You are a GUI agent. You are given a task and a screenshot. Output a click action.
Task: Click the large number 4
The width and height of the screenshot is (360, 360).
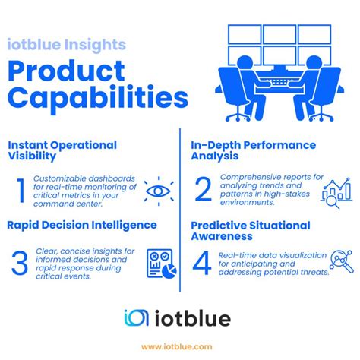pyautogui.click(x=203, y=262)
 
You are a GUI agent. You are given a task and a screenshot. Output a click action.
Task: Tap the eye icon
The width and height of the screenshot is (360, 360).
pyautogui.click(x=159, y=191)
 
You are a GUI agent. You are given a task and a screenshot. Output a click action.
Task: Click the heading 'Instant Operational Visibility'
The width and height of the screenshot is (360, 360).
pyautogui.click(x=62, y=150)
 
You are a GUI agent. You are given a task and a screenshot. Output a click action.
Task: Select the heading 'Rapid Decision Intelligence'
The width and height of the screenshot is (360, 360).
pyautogui.click(x=82, y=225)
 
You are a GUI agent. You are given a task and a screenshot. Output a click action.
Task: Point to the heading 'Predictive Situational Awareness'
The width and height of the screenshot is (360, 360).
pyautogui.click(x=251, y=231)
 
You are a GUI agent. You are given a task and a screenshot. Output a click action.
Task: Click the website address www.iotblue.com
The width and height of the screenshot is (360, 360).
pyautogui.click(x=179, y=346)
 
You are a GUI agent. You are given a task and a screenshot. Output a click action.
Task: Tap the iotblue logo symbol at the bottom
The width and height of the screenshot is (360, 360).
pyautogui.click(x=137, y=318)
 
